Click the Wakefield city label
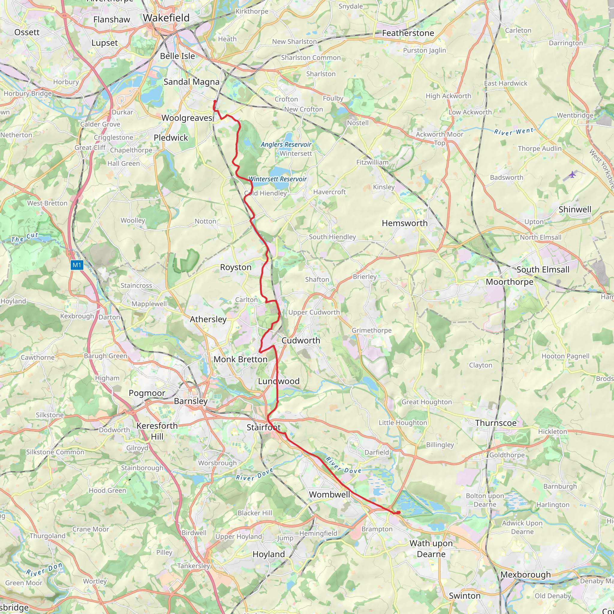point(166,18)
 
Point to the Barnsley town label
point(190,401)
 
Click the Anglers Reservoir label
point(286,144)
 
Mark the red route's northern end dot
point(215,101)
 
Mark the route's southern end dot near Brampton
point(398,512)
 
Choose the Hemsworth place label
point(404,223)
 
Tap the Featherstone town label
point(408,33)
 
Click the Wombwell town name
point(329,494)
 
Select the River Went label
point(514,131)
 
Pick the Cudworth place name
point(301,340)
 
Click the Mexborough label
point(525,575)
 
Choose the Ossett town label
point(27,32)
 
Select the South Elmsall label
point(543,270)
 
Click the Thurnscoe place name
point(496,423)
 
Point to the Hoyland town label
point(269,554)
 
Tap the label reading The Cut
point(25,237)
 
